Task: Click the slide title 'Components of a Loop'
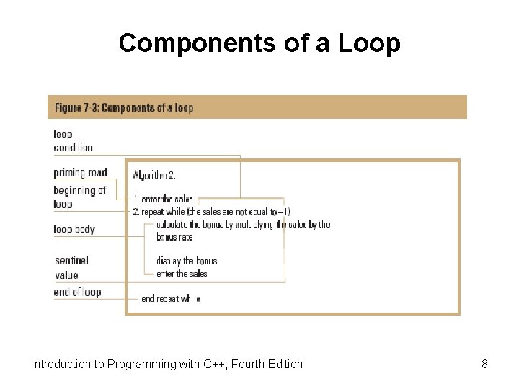point(259,43)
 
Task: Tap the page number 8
point(484,364)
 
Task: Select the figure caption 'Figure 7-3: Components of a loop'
point(124,107)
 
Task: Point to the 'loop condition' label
point(73,140)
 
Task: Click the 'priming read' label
point(80,173)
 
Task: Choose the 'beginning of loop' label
point(79,197)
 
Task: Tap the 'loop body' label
point(74,229)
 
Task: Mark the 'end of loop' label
point(77,292)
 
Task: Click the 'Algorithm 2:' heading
point(154,175)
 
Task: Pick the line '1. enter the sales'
point(163,199)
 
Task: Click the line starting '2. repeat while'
point(212,212)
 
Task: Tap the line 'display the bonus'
point(186,261)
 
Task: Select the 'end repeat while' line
point(171,298)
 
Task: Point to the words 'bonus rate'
point(174,237)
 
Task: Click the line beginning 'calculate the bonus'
point(243,224)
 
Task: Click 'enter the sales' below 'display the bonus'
point(182,273)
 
